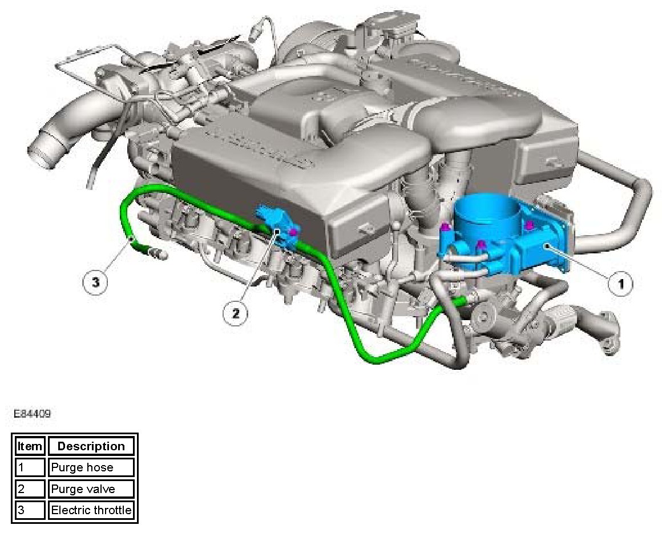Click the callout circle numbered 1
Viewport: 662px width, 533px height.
coord(621,284)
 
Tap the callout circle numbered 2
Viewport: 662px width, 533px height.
coord(236,313)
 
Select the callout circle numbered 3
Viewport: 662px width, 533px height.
coord(96,281)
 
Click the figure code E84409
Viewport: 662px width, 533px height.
coord(32,414)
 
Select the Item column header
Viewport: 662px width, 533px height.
coord(30,446)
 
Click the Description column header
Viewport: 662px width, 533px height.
coord(91,446)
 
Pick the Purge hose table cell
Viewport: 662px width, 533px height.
coord(91,467)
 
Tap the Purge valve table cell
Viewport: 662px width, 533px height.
coord(91,489)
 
